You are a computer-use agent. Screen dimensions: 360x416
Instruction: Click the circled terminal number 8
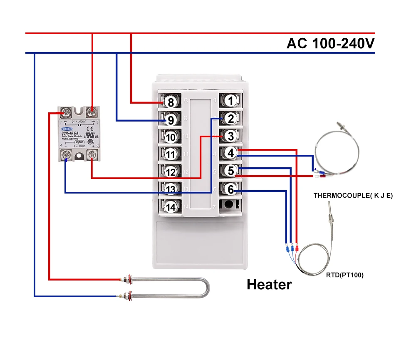click(x=170, y=102)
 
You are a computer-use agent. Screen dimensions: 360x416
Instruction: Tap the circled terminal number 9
click(x=170, y=120)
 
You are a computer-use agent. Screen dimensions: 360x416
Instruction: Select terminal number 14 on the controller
click(x=170, y=206)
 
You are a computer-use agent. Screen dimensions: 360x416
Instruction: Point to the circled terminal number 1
click(x=231, y=100)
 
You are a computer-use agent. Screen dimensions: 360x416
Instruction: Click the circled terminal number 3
click(x=231, y=136)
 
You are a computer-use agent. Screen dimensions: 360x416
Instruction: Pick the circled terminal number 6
click(x=231, y=189)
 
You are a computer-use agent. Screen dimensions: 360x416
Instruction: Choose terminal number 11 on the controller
click(x=170, y=154)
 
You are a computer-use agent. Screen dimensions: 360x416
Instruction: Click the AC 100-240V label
click(x=330, y=43)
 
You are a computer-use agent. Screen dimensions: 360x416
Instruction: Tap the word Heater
click(x=269, y=285)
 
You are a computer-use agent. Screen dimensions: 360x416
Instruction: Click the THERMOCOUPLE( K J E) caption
click(x=353, y=195)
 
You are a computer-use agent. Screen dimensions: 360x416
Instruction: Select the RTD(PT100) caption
click(x=345, y=275)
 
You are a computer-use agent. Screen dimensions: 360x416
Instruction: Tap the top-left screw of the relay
click(x=66, y=112)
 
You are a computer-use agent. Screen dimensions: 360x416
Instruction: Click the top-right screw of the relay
click(x=92, y=112)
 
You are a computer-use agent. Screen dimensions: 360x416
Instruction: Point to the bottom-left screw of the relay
click(x=66, y=156)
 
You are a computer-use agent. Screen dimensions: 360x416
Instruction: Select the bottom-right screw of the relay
click(x=92, y=156)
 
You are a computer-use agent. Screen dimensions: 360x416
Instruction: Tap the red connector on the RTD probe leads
click(x=297, y=248)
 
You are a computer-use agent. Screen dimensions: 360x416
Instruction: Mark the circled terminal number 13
click(x=170, y=189)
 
